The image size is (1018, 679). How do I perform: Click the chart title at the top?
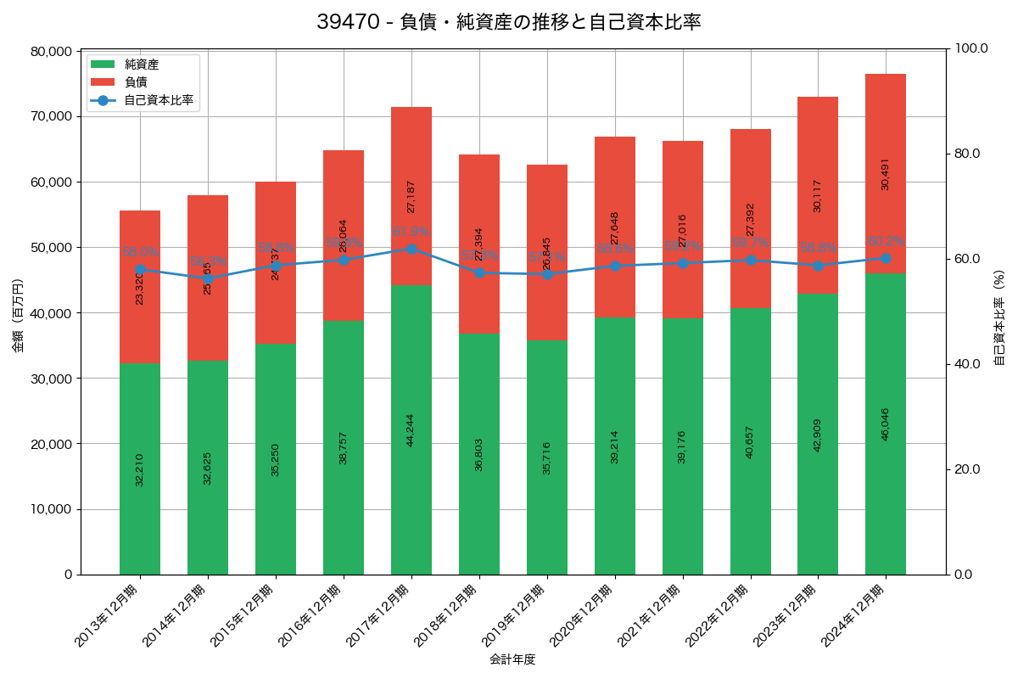coord(509,22)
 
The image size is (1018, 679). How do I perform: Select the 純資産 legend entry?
coord(142,65)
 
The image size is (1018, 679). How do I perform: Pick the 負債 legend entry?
coord(136,82)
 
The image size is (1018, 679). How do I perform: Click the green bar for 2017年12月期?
coord(411,429)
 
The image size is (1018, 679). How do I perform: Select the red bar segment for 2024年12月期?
coord(886,173)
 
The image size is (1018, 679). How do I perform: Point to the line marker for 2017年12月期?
coord(411,249)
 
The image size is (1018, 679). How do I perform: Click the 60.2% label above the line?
coord(886,241)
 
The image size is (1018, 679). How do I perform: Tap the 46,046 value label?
coord(886,424)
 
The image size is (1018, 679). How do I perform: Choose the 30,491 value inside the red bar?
coord(886,174)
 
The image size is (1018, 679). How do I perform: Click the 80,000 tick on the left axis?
coord(52,51)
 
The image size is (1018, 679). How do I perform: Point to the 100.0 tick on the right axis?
coord(970,48)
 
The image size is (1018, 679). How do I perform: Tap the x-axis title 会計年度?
coord(512,659)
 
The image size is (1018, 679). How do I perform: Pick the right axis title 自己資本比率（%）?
coord(999,317)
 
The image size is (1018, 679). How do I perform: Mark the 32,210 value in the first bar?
coord(140,469)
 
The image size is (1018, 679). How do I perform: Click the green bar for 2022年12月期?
coord(751,441)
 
